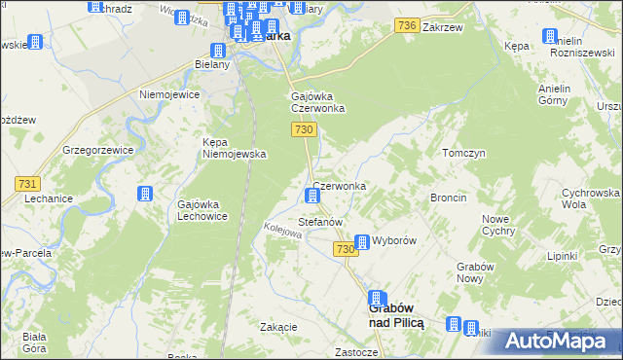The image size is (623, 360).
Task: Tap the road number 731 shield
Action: [27, 184]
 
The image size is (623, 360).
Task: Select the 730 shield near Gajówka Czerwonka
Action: [305, 130]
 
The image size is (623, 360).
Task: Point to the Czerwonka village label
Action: [340, 186]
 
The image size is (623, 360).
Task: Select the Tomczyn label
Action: [463, 154]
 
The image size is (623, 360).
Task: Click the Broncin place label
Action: [449, 198]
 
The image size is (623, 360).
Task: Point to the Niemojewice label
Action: [169, 95]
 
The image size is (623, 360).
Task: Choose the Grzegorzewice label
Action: [96, 151]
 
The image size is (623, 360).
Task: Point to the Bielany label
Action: [211, 64]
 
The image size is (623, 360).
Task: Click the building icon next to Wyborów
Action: [361, 242]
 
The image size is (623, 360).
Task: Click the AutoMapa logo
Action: [553, 341]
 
